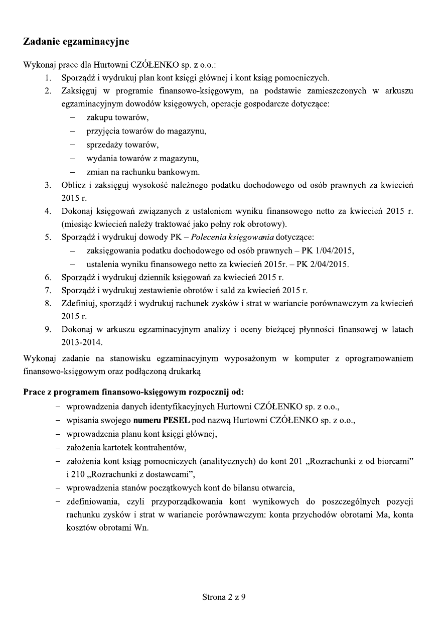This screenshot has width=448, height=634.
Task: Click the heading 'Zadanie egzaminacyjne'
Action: (76, 41)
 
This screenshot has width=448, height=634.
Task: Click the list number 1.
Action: (47, 78)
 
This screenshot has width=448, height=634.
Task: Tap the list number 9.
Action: (47, 329)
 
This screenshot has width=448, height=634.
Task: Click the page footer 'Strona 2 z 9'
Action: (224, 597)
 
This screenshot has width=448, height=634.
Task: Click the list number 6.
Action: (47, 277)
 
